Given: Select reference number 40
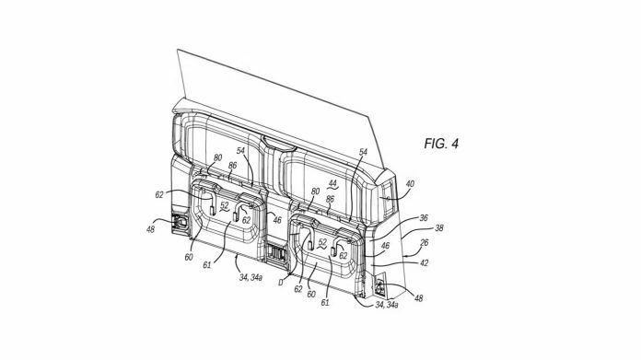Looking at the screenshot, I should (410, 184).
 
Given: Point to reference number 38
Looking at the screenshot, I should (438, 227).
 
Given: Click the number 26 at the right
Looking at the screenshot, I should (423, 244).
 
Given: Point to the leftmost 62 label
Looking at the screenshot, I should (159, 194).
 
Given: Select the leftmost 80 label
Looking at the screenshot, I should (217, 158).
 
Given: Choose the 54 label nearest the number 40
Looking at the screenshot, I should (362, 151).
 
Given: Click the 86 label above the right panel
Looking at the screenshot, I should (330, 198).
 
